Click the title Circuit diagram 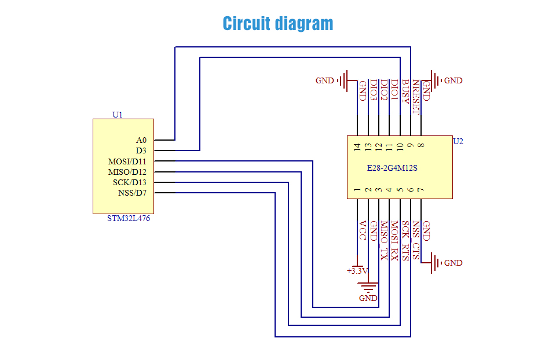pyautogui.click(x=278, y=24)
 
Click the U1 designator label pyautogui.click(x=118, y=115)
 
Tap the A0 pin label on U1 pyautogui.click(x=141, y=140)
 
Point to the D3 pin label pyautogui.click(x=141, y=150)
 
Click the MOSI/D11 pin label pyautogui.click(x=127, y=161)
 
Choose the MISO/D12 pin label pyautogui.click(x=127, y=172)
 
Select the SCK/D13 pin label pyautogui.click(x=130, y=182)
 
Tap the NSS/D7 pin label pyautogui.click(x=132, y=193)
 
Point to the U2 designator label pyautogui.click(x=458, y=141)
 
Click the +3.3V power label pyautogui.click(x=357, y=270)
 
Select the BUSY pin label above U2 pyautogui.click(x=405, y=90)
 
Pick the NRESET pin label pyautogui.click(x=415, y=97)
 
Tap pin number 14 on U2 pyautogui.click(x=357, y=146)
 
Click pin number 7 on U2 pyautogui.click(x=420, y=190)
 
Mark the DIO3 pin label pyautogui.click(x=374, y=90)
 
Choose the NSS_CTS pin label pyautogui.click(x=416, y=236)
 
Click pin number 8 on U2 pyautogui.click(x=420, y=146)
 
